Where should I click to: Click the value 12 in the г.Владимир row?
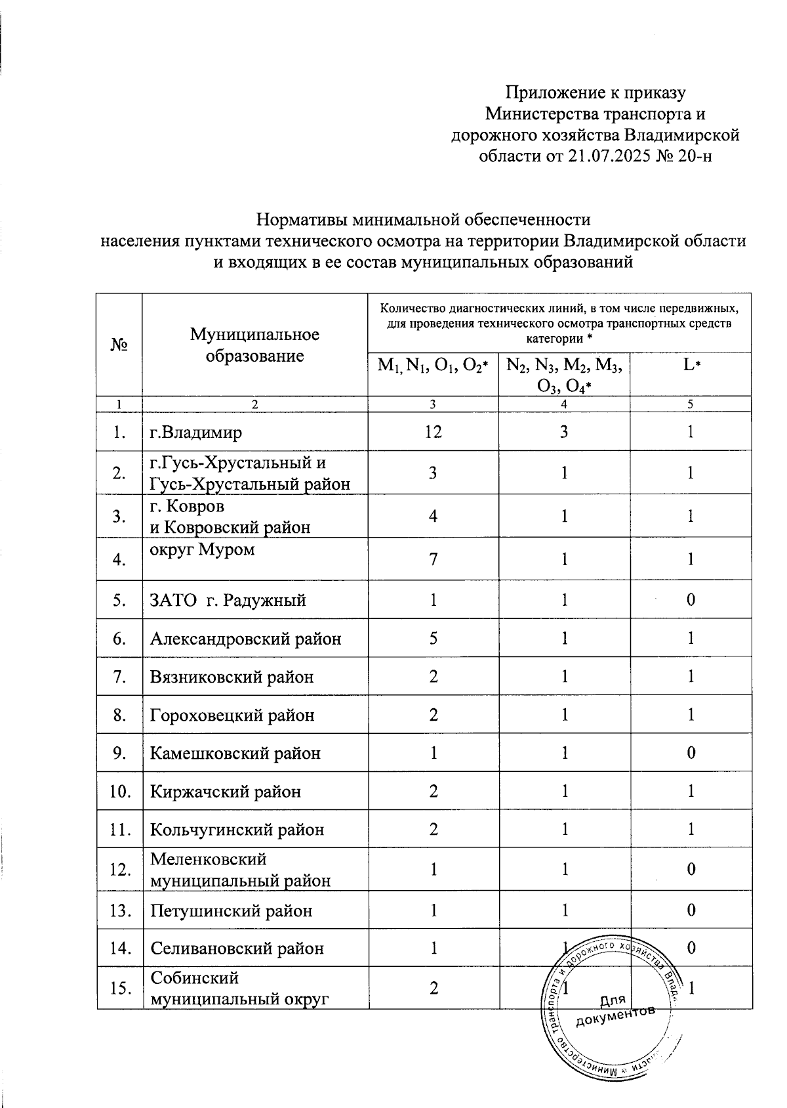click(433, 432)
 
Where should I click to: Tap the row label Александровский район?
click(245, 639)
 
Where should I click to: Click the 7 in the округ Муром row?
click(433, 560)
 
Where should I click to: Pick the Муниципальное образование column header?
click(254, 345)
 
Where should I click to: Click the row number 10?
click(119, 792)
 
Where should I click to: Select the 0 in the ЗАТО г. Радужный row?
click(691, 601)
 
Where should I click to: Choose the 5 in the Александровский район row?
click(433, 639)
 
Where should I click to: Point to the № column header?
click(119, 345)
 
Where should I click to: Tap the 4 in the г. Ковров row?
click(433, 517)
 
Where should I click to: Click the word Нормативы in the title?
click(301, 219)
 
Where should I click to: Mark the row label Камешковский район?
click(235, 754)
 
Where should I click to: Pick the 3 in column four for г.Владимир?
click(564, 432)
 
